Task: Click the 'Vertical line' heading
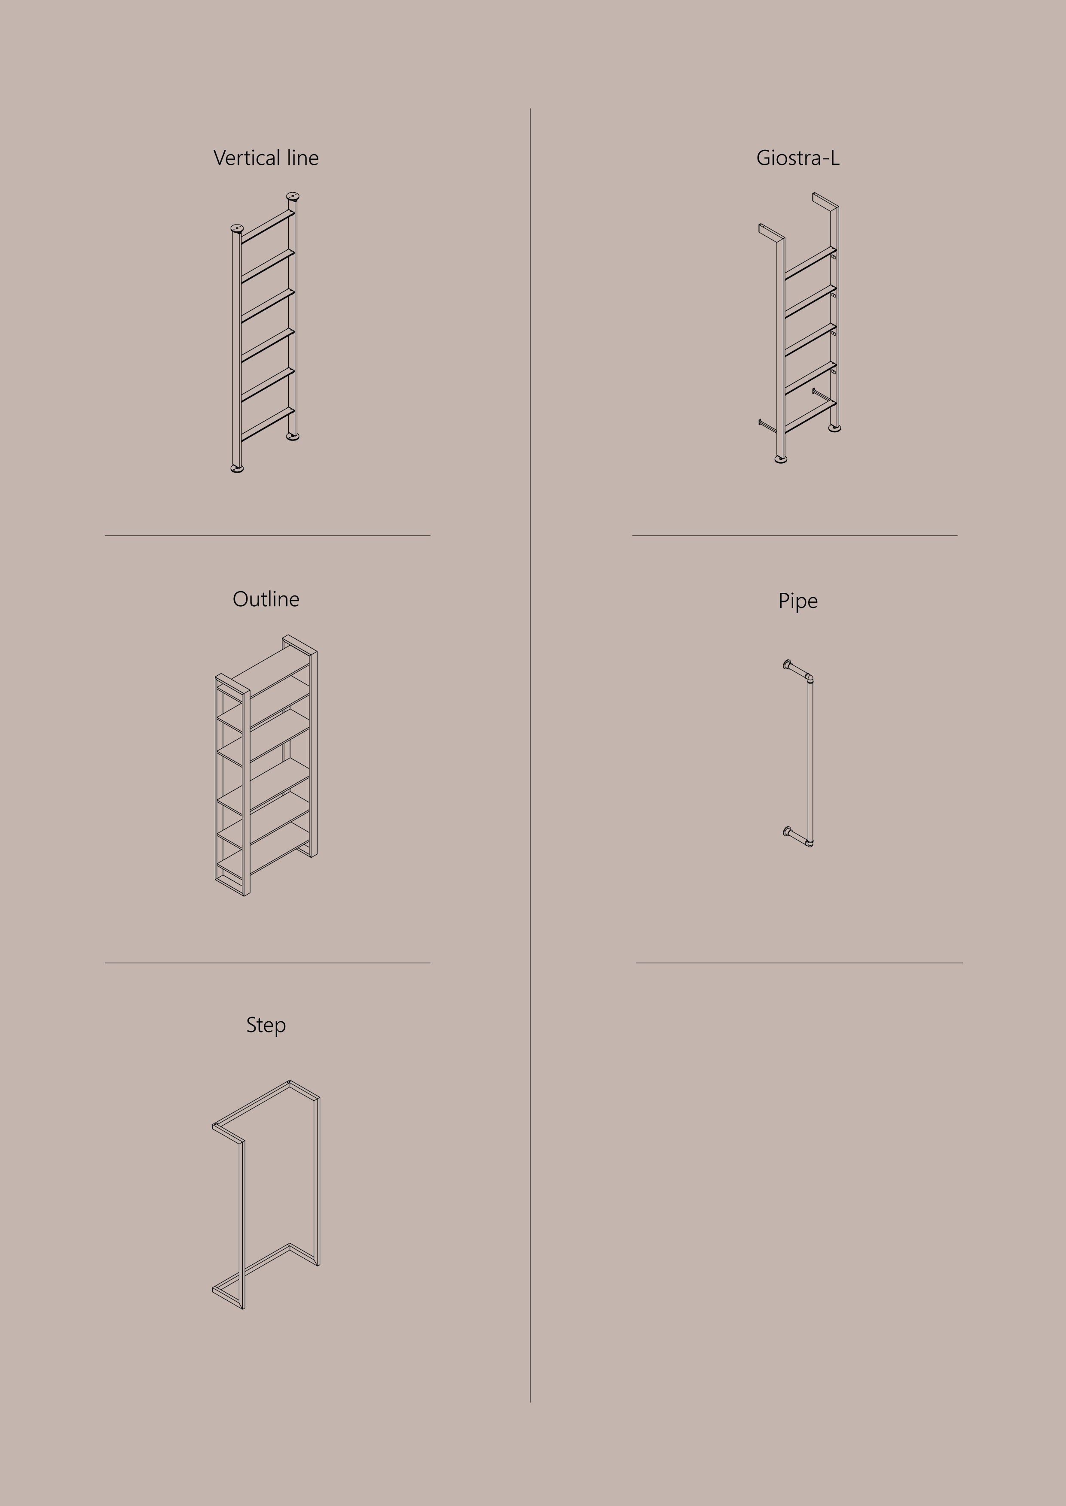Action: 266,158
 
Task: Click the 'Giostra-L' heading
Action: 797,158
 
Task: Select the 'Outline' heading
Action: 266,599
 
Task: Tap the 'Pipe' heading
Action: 797,601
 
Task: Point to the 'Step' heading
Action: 266,1025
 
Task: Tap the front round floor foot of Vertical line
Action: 238,468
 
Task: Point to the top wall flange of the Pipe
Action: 787,665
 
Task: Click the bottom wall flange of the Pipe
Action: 787,832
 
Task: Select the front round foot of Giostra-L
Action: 780,459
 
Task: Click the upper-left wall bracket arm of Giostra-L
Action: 771,231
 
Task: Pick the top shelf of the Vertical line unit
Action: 268,226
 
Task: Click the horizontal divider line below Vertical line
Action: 268,536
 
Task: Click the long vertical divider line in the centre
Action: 530,755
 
